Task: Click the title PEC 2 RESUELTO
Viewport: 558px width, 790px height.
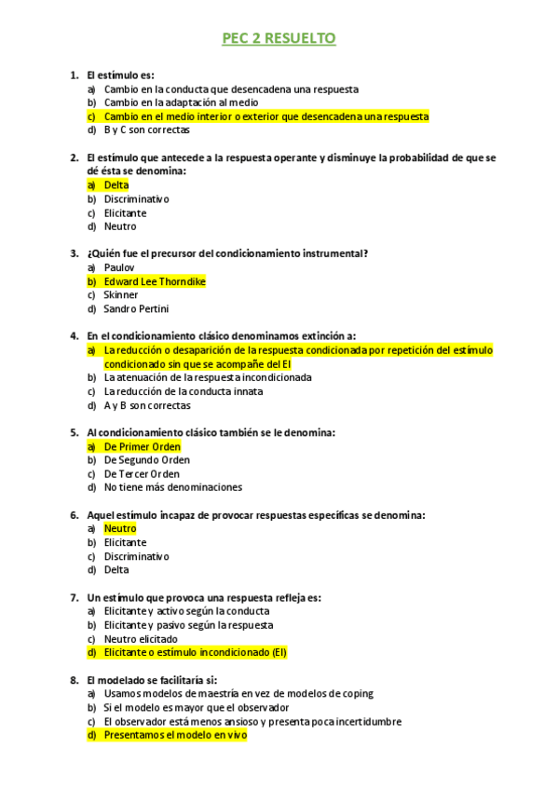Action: tap(279, 38)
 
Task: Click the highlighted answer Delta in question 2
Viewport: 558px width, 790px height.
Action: tap(116, 185)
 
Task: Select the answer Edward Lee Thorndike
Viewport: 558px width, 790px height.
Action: tap(155, 281)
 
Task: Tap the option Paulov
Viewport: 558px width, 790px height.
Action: tap(119, 267)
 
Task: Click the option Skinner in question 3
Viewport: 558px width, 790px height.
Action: tap(121, 295)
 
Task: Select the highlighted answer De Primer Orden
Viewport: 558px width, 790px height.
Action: tap(142, 446)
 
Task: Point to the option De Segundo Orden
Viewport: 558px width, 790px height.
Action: tap(147, 460)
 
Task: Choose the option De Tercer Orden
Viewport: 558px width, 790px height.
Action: tap(142, 473)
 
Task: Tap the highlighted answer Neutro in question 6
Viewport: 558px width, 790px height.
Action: tap(120, 528)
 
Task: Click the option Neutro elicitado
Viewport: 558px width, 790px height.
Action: tap(141, 639)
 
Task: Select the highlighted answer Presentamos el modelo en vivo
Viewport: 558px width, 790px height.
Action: tap(175, 735)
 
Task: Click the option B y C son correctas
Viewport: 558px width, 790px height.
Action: tap(146, 130)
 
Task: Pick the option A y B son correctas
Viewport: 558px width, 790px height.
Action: tap(147, 405)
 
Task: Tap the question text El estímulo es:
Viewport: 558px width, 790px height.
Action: tap(120, 75)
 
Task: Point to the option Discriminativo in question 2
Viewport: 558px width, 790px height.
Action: tap(136, 199)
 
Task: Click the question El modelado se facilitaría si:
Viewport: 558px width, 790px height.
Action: tap(151, 680)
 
